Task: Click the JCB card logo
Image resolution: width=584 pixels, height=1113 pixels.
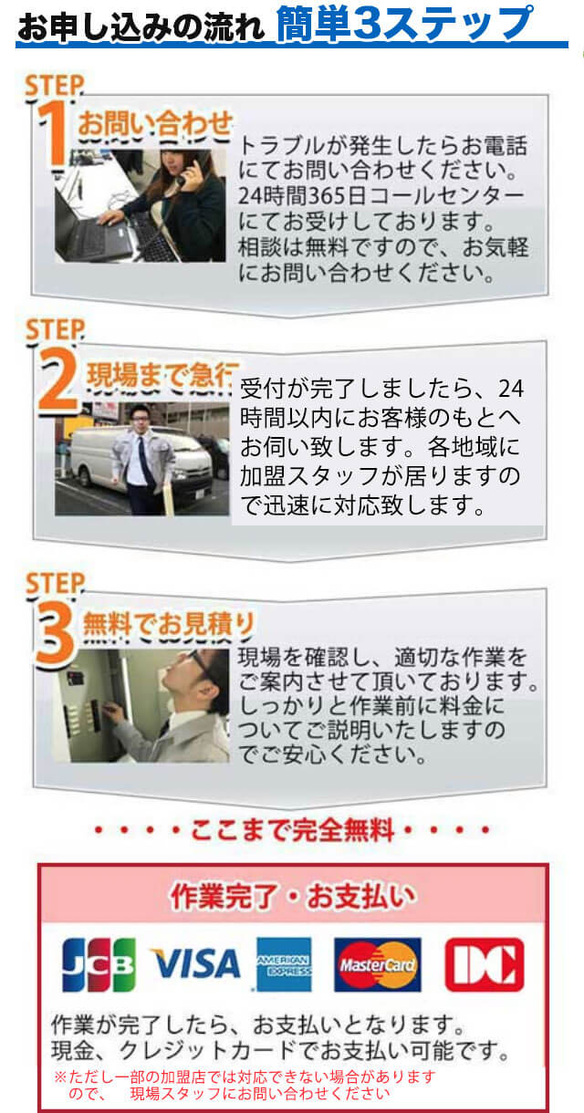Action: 99,964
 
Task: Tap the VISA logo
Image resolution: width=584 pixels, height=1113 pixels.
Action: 194,964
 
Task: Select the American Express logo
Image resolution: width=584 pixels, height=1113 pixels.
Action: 284,964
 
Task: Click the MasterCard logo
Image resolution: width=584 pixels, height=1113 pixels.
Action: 377,964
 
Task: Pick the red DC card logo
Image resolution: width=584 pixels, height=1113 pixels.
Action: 484,964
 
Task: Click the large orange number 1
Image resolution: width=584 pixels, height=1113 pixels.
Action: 57,135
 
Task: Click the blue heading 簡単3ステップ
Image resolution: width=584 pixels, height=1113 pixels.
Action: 405,24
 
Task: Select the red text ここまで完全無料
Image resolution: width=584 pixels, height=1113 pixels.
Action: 292,831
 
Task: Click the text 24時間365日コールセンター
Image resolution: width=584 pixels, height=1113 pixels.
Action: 381,196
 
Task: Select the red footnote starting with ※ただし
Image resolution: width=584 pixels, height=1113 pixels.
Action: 246,1084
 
